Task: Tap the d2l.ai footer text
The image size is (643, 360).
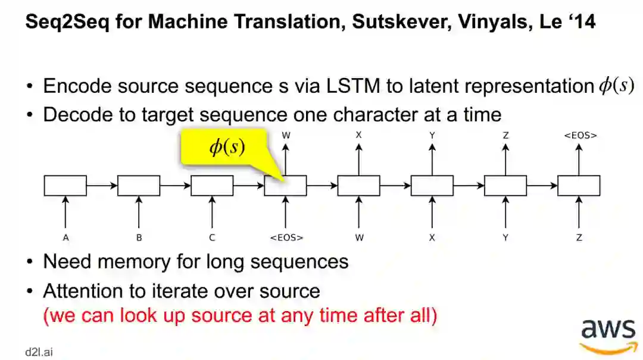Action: click(x=39, y=352)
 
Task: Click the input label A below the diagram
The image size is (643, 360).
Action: click(x=65, y=237)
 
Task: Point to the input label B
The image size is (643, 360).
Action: click(x=139, y=237)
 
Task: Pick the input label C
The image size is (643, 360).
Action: click(x=212, y=237)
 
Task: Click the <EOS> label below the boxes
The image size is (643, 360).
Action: click(x=286, y=237)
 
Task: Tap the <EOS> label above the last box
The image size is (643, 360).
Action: click(x=579, y=135)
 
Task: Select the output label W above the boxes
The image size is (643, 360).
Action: click(x=286, y=135)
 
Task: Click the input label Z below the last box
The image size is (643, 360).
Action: click(x=579, y=237)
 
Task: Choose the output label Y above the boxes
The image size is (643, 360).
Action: click(x=432, y=135)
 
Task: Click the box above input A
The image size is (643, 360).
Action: click(x=65, y=186)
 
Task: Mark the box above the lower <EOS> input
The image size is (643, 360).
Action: click(x=286, y=186)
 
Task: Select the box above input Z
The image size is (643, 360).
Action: click(x=579, y=186)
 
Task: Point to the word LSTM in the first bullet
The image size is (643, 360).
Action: click(x=354, y=86)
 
